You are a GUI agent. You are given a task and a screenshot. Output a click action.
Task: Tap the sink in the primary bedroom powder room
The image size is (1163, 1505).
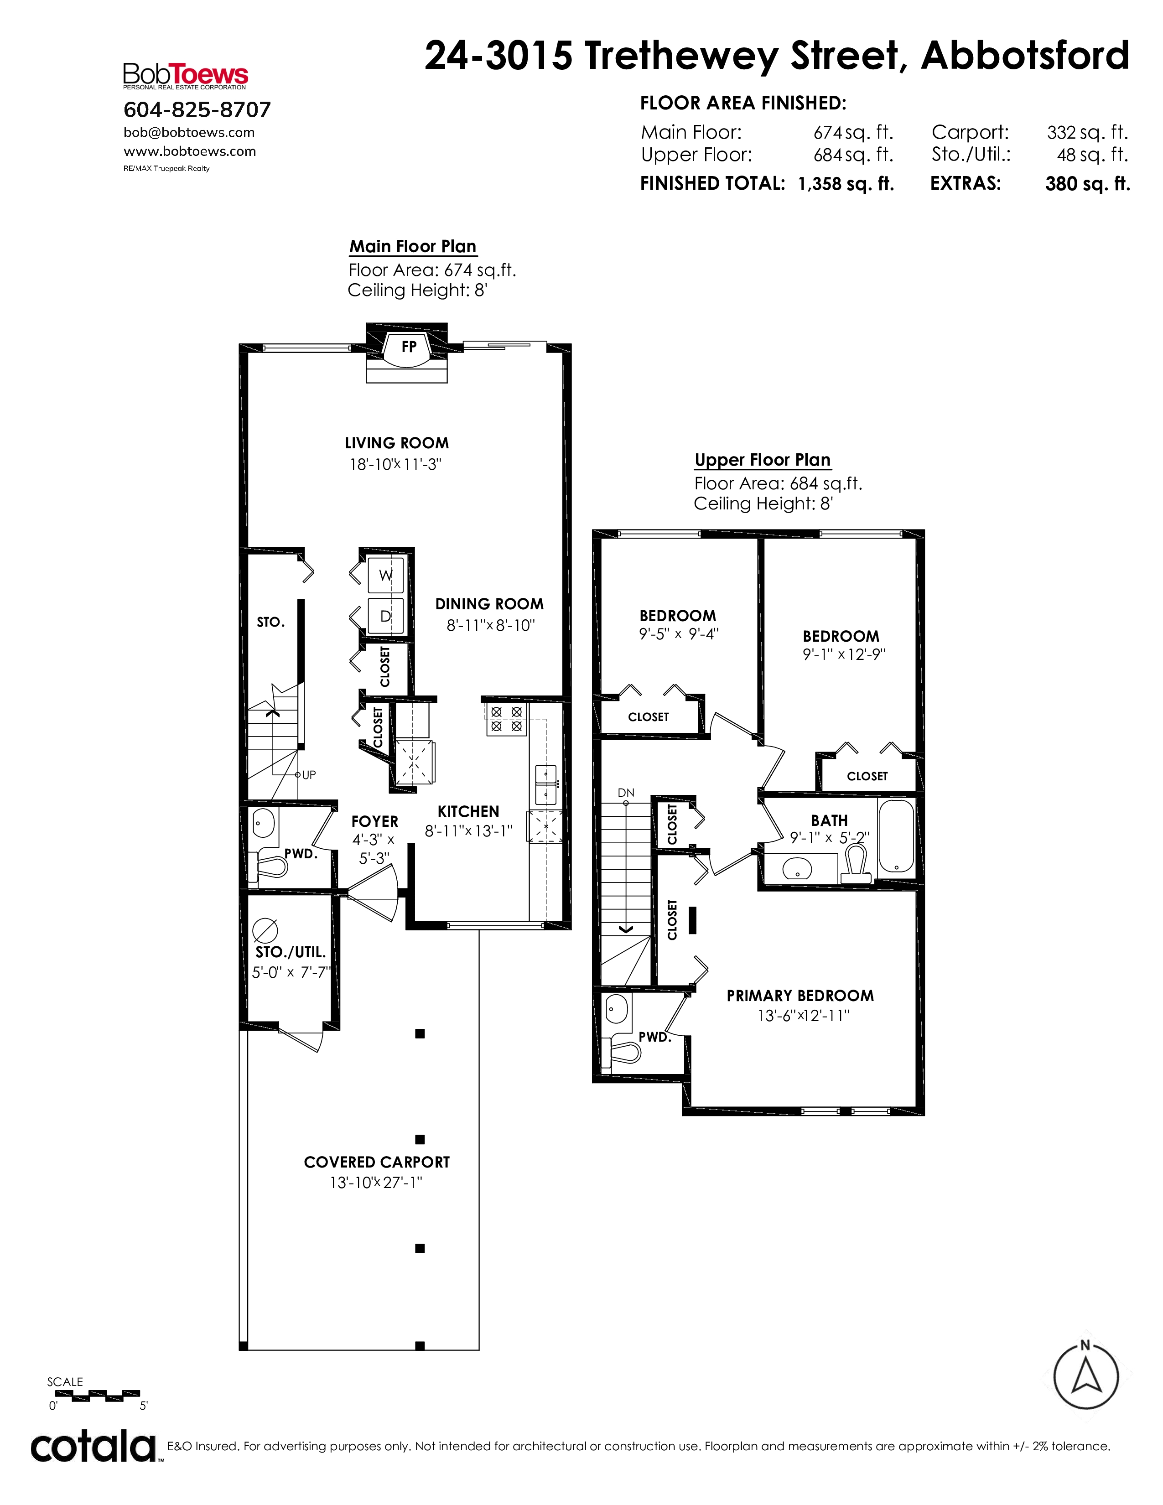coord(618,1010)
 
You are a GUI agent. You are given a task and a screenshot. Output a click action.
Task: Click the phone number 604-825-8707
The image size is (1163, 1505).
coord(197,109)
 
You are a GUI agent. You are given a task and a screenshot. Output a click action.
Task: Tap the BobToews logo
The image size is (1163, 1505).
coord(185,76)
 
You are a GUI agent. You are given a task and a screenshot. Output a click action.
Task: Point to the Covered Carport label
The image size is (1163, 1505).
coord(377,1162)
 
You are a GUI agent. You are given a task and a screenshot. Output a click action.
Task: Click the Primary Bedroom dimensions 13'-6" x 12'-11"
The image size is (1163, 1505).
coord(803,1016)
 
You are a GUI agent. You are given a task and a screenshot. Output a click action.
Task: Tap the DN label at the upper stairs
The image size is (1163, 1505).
coord(626,793)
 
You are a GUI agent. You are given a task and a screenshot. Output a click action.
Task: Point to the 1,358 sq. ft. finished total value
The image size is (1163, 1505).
coord(846,184)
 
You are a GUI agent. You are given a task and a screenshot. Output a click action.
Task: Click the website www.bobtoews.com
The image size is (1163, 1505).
coord(189,151)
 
